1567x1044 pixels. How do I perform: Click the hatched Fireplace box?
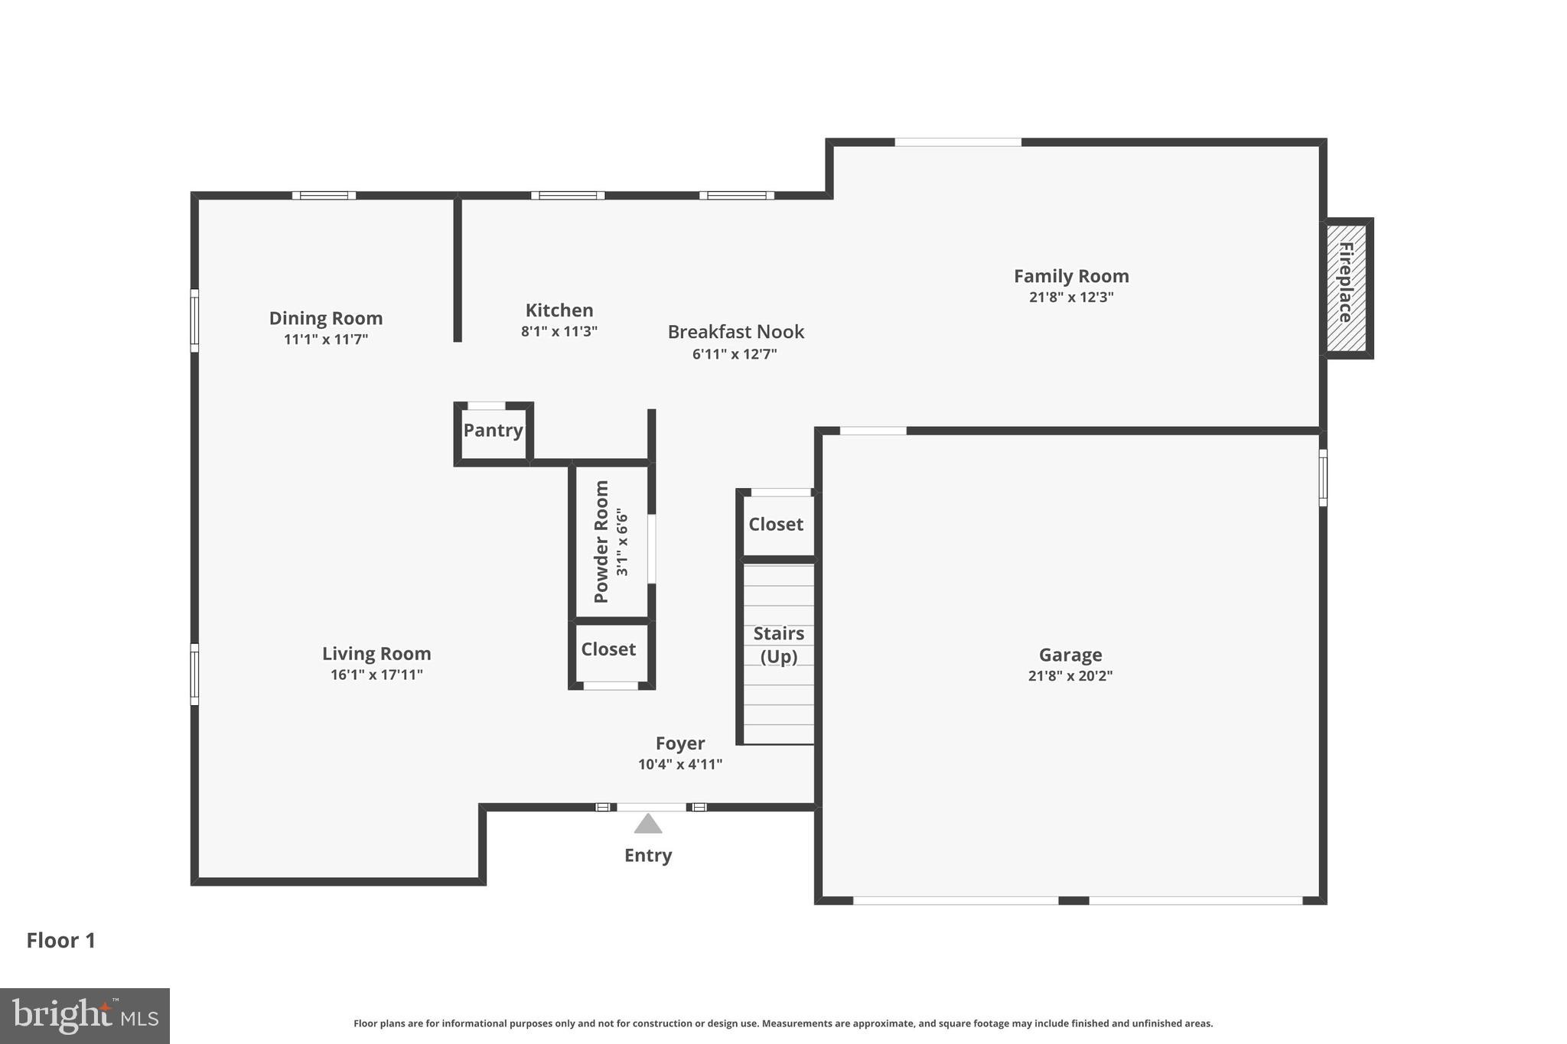[1347, 288]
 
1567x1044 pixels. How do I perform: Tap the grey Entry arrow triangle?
[648, 824]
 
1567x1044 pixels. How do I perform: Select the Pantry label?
[493, 430]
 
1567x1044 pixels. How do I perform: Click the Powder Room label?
[601, 541]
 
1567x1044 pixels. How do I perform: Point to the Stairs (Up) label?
[778, 645]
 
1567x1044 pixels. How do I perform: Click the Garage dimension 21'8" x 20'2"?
[1070, 676]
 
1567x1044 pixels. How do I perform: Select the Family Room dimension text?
[1070, 298]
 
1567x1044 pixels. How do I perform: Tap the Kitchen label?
[559, 310]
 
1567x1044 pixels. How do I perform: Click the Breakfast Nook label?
[735, 332]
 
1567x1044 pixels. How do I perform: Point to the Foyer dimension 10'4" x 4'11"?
[679, 764]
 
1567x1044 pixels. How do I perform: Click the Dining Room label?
[325, 318]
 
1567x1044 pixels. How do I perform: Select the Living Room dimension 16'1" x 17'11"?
[376, 675]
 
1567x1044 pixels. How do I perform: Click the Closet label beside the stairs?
[775, 524]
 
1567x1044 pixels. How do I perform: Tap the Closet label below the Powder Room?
[608, 649]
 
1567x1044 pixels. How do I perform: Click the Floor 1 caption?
[61, 941]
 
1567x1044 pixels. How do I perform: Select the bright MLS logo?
[84, 1016]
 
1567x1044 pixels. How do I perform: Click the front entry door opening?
[651, 807]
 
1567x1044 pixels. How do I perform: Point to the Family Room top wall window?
[957, 142]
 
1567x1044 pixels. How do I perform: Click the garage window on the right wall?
[1323, 477]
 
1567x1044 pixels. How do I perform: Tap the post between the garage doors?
[1073, 900]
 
